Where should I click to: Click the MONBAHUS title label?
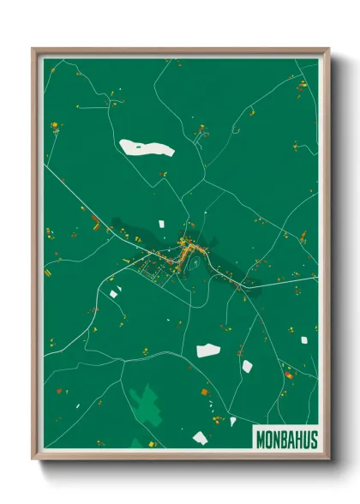[x=286, y=439]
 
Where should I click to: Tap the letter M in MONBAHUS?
[x=260, y=439]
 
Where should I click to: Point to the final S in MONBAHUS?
[x=313, y=439]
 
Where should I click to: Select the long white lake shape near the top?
[x=146, y=147]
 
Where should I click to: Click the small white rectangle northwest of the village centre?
[x=160, y=223]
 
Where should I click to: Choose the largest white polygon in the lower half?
[x=207, y=350]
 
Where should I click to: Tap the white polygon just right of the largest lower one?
[x=247, y=366]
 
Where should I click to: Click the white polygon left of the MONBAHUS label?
[x=200, y=438]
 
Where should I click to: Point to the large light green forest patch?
[x=146, y=402]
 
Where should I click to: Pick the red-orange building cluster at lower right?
[x=290, y=375]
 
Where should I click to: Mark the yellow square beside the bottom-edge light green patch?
[x=153, y=444]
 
